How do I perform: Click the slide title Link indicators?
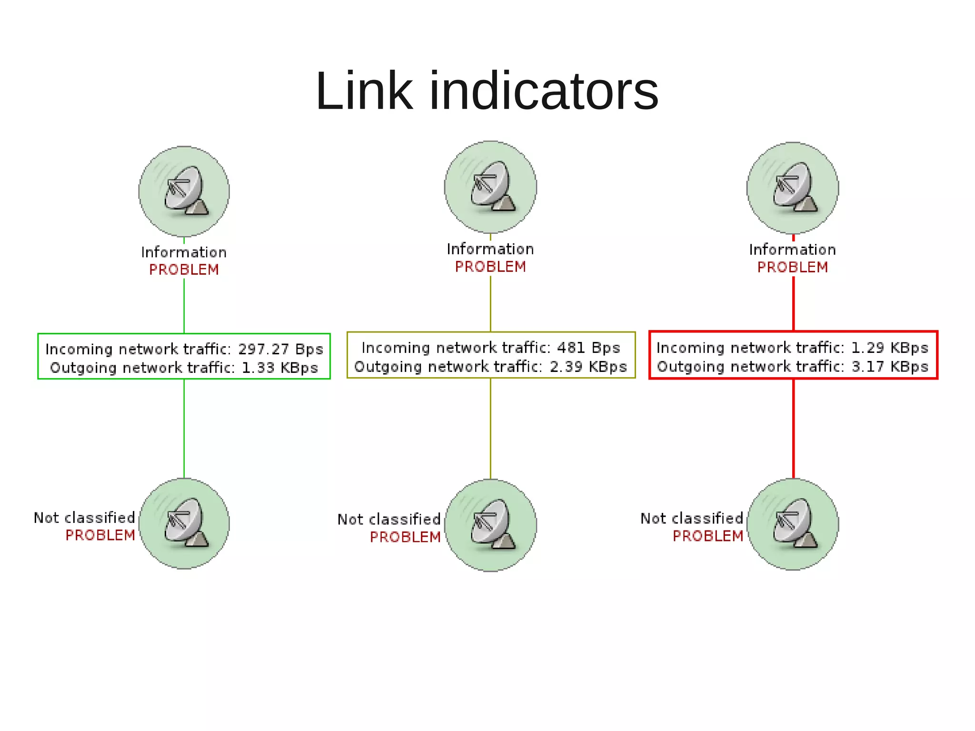click(487, 90)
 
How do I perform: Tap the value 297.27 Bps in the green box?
click(280, 349)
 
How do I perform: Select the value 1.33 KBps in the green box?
click(279, 368)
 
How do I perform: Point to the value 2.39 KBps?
click(588, 366)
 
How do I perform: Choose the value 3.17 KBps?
click(889, 366)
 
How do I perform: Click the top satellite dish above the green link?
click(184, 191)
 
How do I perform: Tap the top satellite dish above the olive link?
click(490, 187)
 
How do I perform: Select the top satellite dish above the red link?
click(793, 188)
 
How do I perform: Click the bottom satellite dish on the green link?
click(184, 523)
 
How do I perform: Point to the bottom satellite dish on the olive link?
click(490, 525)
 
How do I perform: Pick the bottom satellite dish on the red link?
click(793, 524)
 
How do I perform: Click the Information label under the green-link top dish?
click(184, 252)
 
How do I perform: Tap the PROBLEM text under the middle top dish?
click(490, 267)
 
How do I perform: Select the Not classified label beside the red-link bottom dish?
click(691, 518)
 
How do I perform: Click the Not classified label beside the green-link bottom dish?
click(84, 517)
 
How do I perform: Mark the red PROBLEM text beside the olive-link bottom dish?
click(405, 537)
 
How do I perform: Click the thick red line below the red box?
click(793, 429)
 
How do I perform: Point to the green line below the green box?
click(184, 429)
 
